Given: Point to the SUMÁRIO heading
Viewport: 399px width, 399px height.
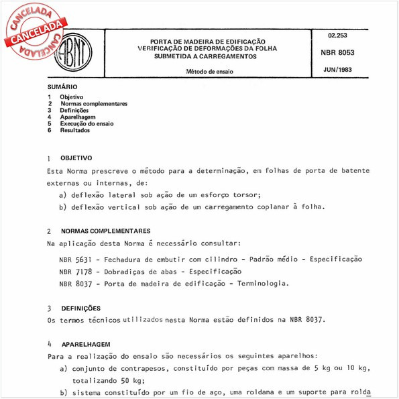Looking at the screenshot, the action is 62,87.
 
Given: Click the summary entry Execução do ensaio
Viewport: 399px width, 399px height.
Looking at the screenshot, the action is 87,123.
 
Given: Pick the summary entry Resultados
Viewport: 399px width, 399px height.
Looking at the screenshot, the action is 74,130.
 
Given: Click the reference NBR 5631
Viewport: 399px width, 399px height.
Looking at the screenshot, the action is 76,259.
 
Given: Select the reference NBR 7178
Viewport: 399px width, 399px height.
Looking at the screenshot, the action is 76,271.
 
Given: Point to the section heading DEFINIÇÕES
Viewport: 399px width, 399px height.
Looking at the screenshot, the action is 78,308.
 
